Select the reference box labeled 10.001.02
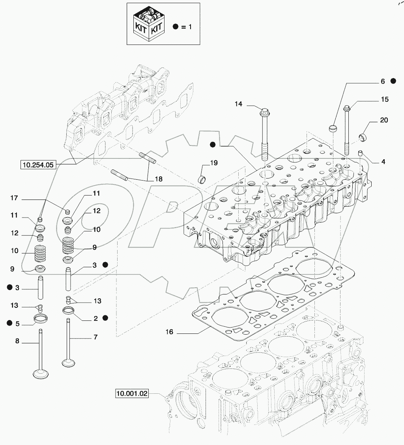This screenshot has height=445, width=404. pyautogui.click(x=132, y=393)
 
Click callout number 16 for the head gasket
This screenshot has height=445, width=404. pyautogui.click(x=169, y=332)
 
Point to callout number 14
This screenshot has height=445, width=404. pyautogui.click(x=238, y=104)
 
